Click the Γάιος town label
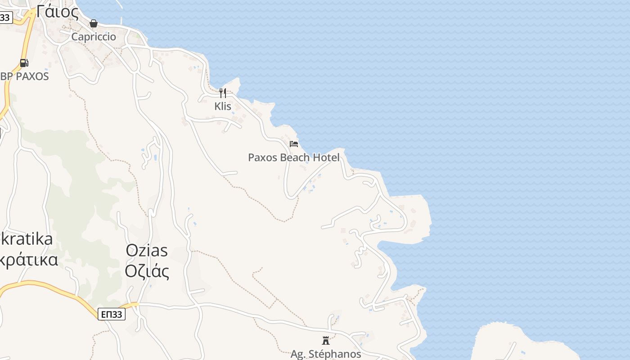[x=57, y=11]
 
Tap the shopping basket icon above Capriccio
[x=94, y=23]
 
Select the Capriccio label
[x=94, y=37]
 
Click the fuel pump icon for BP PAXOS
[x=24, y=63]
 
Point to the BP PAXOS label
[x=25, y=76]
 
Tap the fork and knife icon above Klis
[x=222, y=93]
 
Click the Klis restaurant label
[x=223, y=107]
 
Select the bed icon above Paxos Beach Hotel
[x=294, y=144]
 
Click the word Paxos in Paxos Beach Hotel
[x=263, y=157]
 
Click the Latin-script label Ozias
[x=147, y=250]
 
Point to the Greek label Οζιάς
[x=147, y=271]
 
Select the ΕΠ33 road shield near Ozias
[x=112, y=314]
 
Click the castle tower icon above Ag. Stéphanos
[x=326, y=341]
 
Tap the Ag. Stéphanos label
[x=326, y=354]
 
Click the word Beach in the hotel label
[x=295, y=157]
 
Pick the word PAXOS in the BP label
[x=32, y=76]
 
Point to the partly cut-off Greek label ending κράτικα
[x=29, y=260]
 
